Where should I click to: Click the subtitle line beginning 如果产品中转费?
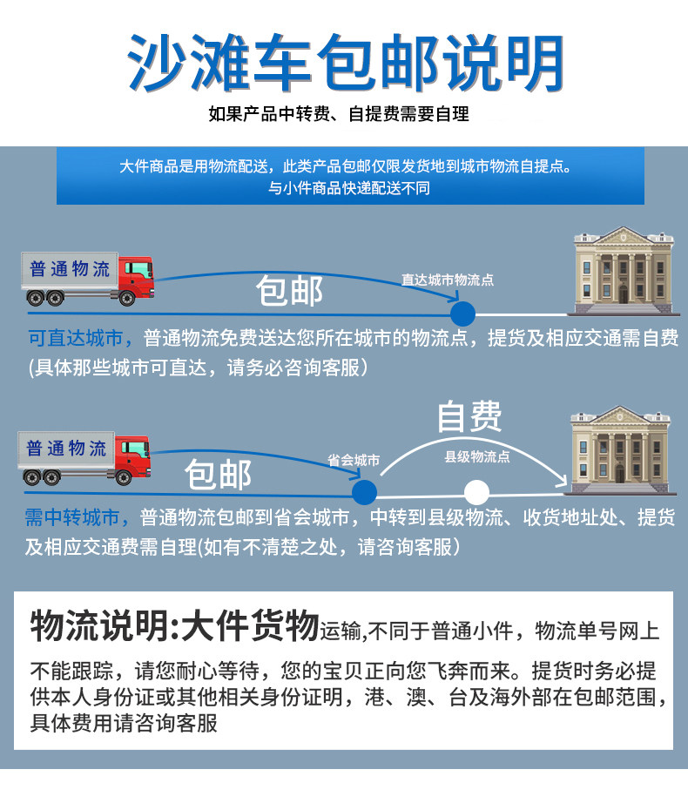pos(339,114)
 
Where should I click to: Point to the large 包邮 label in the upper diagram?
pos(290,292)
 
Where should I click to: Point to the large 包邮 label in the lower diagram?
pos(219,475)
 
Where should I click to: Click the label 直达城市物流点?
pos(447,280)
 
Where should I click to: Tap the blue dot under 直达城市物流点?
pos(462,314)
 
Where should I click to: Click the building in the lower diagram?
pos(619,449)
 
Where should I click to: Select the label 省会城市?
pos(354,460)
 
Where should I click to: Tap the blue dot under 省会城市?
pos(364,490)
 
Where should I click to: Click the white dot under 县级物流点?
pos(476,492)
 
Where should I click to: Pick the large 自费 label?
pos(469,416)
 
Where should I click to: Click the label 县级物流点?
pos(477,456)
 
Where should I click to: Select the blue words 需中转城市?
pos(78,518)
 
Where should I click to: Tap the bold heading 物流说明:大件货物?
pos(175,625)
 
